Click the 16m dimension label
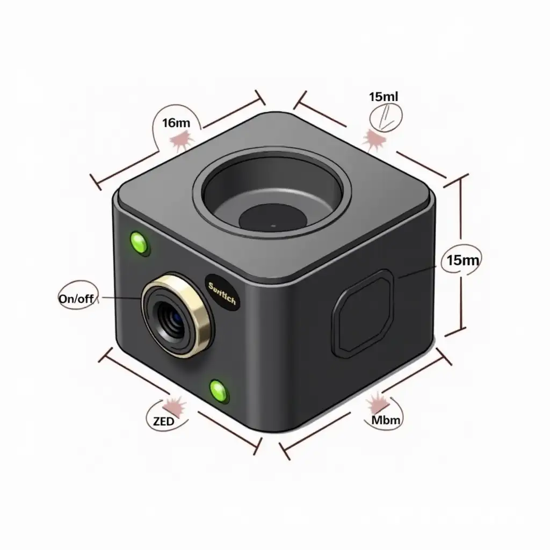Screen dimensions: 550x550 coord(176,122)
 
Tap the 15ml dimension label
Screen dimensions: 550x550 coord(383,97)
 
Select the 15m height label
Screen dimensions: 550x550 coord(462,260)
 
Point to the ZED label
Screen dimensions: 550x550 coord(163,421)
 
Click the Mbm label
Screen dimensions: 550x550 coord(386,419)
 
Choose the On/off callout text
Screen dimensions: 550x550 coord(78,299)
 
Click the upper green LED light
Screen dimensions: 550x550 coord(140,243)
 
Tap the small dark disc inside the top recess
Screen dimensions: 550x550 coord(273,217)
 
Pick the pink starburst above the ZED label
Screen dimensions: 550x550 coord(175,404)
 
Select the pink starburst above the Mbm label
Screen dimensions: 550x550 coord(379,401)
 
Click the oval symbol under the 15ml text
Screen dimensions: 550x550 coord(386,116)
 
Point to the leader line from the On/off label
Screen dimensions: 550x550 coord(121,298)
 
